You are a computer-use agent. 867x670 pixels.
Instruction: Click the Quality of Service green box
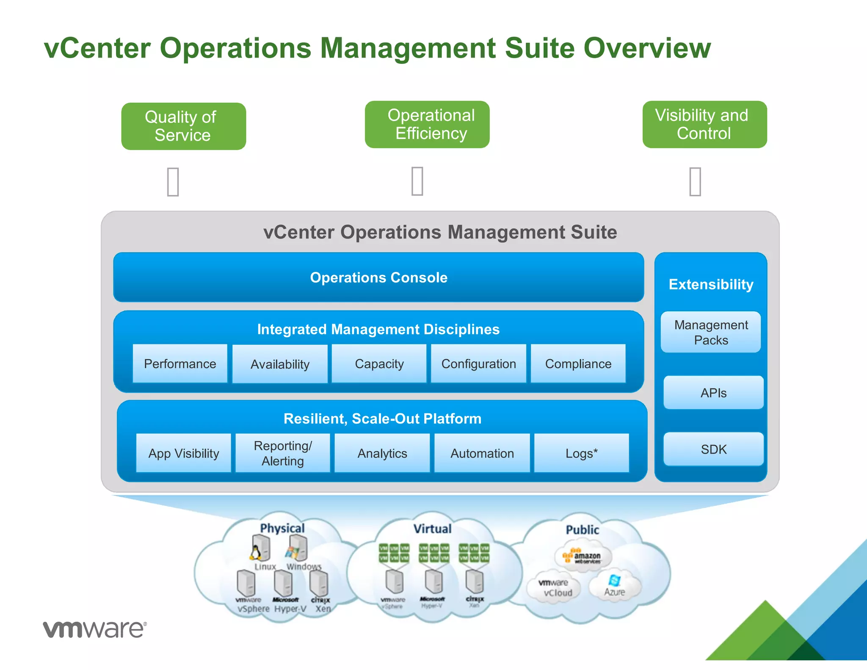coord(183,126)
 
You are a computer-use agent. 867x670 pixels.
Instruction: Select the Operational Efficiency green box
coord(427,125)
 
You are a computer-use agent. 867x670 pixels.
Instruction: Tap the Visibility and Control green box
coord(704,125)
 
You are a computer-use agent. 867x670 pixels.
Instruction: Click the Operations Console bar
coord(378,277)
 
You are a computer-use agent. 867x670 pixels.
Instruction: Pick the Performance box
coord(180,364)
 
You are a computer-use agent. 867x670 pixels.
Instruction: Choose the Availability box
coord(280,364)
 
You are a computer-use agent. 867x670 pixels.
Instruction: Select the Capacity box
coord(379,364)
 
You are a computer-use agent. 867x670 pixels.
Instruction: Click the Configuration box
coord(478,364)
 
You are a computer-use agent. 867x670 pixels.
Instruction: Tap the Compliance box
coord(578,364)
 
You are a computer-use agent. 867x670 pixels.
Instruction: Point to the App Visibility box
coord(183,453)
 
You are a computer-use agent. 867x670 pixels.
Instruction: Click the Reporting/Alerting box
coord(283,453)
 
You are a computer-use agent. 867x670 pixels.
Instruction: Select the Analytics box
coord(382,453)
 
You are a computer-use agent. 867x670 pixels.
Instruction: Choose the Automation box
coord(482,453)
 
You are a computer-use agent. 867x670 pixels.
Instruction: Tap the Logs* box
coord(581,453)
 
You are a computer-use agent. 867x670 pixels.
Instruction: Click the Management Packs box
coord(711,332)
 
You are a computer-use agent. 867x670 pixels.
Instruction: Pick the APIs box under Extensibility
coord(713,393)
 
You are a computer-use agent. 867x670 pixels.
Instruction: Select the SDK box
coord(713,449)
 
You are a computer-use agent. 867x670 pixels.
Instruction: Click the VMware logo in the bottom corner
coord(95,629)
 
